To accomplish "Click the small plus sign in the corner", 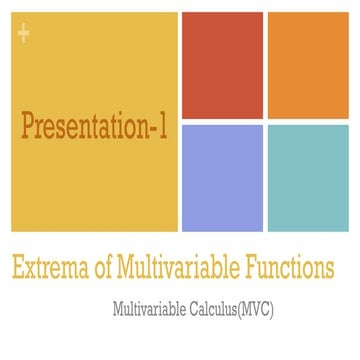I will point(23,36).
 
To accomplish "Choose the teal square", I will point(306,177).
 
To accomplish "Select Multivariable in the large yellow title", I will point(181,269).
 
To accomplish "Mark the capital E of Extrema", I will point(18,269).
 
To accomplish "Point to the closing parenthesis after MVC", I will point(272,310).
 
